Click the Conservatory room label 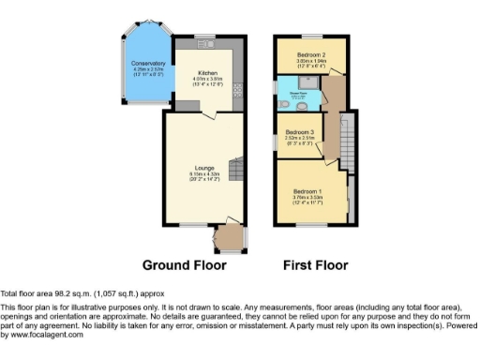(149, 64)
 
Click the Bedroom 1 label (307, 190)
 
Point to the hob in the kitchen (237, 92)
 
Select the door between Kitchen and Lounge (212, 113)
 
